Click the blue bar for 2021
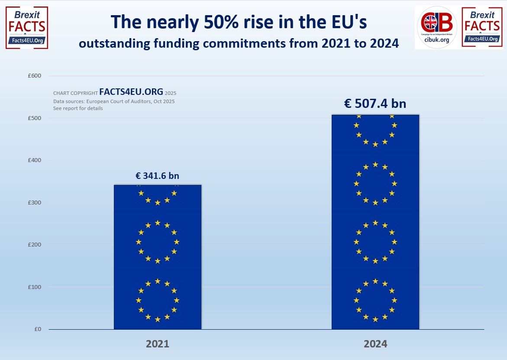click(x=158, y=257)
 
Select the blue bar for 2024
click(x=375, y=222)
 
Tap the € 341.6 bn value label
click(x=157, y=176)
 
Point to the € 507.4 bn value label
click(x=375, y=104)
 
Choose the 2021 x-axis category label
click(x=157, y=344)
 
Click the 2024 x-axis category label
click(x=375, y=344)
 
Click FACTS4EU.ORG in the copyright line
click(x=131, y=92)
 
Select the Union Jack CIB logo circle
click(x=436, y=23)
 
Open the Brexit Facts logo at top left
click(x=27, y=27)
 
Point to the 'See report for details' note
click(x=78, y=108)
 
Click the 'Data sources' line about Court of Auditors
click(x=114, y=101)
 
